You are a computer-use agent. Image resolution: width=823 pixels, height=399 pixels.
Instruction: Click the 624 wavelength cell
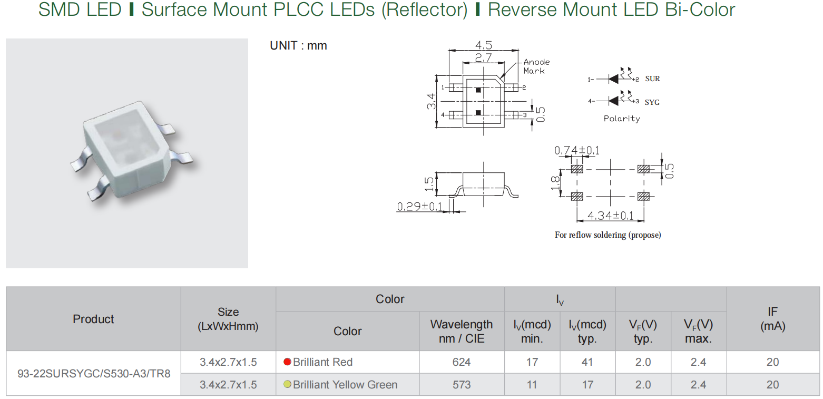click(462, 362)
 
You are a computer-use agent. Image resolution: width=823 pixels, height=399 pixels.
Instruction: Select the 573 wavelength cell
click(462, 385)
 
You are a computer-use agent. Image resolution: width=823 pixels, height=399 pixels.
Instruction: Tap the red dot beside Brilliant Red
click(287, 362)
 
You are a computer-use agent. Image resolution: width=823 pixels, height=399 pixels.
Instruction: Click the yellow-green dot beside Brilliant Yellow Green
click(287, 384)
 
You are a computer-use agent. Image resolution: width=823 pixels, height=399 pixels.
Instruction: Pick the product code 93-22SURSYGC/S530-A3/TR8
click(94, 374)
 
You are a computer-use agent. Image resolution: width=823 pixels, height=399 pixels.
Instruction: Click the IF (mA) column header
click(772, 319)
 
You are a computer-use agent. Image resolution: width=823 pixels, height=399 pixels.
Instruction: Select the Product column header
click(93, 319)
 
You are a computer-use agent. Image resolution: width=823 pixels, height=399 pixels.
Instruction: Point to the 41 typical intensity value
click(587, 362)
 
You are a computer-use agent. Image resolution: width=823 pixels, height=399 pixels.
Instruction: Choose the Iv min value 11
click(532, 385)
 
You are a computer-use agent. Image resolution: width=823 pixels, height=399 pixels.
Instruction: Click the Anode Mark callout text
click(536, 66)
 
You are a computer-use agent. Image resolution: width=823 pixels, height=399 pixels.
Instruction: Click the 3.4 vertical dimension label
click(432, 101)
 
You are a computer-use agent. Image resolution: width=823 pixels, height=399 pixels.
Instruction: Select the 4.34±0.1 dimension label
click(610, 216)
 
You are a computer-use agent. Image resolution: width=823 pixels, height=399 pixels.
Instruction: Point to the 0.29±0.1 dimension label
click(420, 206)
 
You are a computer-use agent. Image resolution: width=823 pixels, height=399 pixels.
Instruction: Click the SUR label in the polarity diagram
click(652, 79)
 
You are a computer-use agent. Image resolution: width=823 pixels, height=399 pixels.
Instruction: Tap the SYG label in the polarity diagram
click(652, 102)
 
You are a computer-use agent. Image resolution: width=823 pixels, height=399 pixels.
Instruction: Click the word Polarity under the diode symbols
click(622, 119)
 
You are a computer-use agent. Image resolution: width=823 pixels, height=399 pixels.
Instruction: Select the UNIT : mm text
click(298, 46)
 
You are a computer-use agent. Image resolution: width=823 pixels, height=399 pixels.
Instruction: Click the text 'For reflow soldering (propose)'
click(608, 235)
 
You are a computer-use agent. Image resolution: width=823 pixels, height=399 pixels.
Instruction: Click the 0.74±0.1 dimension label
click(577, 151)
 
